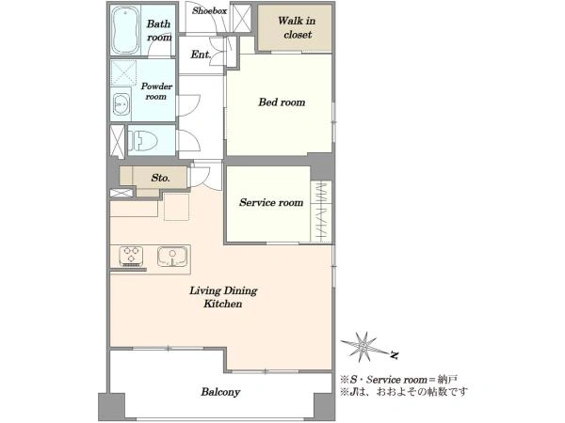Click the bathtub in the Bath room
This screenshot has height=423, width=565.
pos(125,30)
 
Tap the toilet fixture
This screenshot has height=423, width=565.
pos(143,140)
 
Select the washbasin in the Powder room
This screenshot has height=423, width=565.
pos(121,104)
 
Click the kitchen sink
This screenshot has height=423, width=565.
pos(172,256)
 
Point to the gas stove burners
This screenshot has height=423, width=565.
pos(131,256)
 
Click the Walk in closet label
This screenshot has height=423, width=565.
pos(297,27)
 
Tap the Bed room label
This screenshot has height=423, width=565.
pos(282,102)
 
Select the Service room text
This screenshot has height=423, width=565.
pos(271,202)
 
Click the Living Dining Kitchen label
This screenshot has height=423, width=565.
pos(223,297)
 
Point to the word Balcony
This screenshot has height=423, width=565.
pos(220,392)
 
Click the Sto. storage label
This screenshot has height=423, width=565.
pos(160,178)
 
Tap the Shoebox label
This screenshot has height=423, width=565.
pos(209,10)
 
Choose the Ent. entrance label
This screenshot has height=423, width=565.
pos(201,55)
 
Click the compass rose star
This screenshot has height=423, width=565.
pos(363,347)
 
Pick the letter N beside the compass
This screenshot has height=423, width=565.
pos(395,355)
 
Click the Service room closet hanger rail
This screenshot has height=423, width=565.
pos(321,211)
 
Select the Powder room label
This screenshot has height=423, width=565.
pos(156,91)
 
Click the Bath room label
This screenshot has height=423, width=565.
pos(159,31)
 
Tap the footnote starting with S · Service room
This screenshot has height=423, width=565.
pos(399,380)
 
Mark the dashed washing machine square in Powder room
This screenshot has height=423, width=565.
pos(123,73)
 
